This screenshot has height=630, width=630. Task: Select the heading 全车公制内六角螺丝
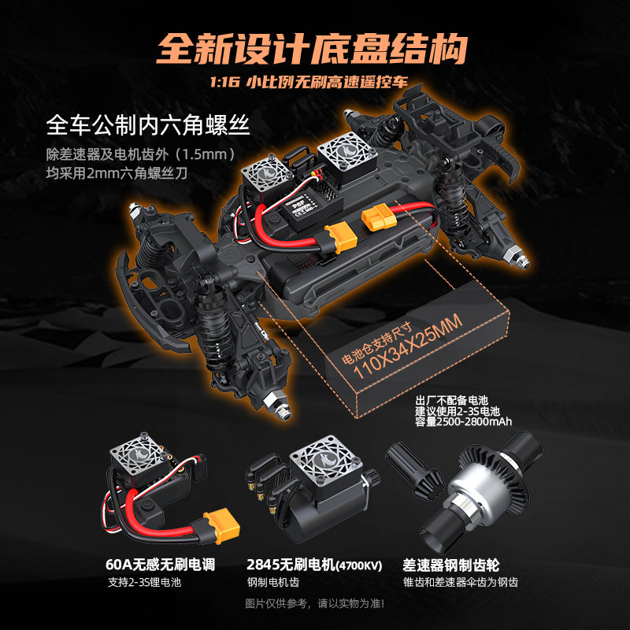(x=149, y=125)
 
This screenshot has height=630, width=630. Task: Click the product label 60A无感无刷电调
(x=160, y=565)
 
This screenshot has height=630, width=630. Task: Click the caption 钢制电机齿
(x=273, y=584)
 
